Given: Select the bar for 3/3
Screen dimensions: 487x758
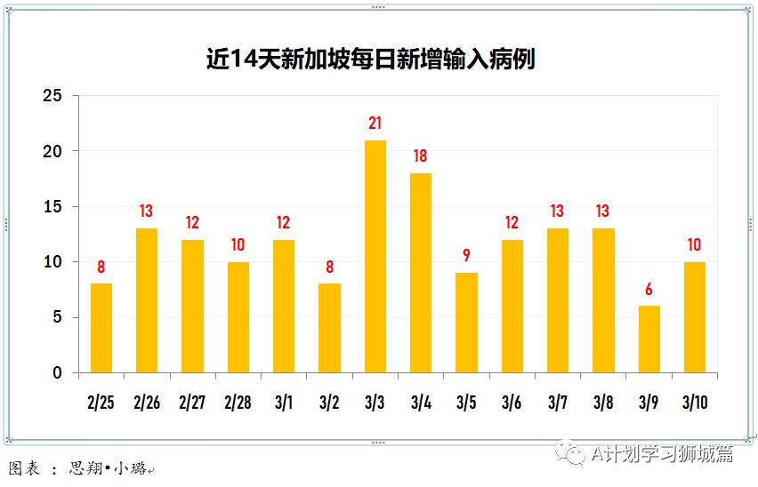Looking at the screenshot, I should point(375,257).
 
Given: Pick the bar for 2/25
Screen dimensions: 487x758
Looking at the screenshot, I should point(101,328).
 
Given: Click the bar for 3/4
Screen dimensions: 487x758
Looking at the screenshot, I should point(421,273).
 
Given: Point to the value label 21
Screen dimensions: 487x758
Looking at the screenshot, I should point(375,124).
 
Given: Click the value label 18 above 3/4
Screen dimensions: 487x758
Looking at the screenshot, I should point(421,156).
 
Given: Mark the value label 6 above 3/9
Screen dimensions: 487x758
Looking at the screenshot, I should point(649,289).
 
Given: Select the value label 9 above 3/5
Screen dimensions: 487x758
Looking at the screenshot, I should point(466,256).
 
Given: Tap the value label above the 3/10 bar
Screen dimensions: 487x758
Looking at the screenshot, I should point(694,244).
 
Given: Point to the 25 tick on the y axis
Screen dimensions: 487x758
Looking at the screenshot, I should point(54,96).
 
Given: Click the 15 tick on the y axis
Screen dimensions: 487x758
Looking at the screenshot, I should point(54,207).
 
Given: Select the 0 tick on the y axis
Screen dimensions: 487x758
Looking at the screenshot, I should point(59,373).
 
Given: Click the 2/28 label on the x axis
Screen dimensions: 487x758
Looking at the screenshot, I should point(238,403).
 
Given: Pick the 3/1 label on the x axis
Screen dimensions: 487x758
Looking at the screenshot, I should point(284,403).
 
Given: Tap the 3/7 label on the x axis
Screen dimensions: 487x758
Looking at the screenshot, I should point(557,403).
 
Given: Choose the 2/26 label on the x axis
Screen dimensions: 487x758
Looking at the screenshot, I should point(147,403).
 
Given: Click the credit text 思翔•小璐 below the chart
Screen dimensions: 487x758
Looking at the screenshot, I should point(108,468).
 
